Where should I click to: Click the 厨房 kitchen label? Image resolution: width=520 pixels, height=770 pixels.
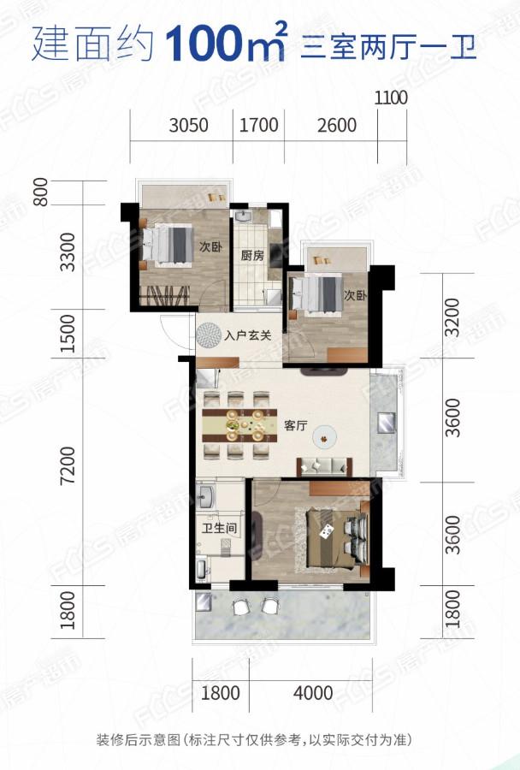point(252,255)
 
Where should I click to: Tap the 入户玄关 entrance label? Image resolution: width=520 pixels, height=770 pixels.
point(248,336)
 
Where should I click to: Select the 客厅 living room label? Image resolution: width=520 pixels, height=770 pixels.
point(296,425)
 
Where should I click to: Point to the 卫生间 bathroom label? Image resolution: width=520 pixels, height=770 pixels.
point(219,529)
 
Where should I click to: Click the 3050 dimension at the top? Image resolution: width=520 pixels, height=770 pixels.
point(188,125)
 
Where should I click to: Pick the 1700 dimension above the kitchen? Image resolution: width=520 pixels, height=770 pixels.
point(259,125)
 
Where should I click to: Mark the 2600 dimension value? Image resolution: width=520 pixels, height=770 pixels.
point(337,125)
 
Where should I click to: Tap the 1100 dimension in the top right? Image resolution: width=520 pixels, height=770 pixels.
point(392,98)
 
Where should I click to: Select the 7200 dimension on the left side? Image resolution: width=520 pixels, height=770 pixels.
point(68,465)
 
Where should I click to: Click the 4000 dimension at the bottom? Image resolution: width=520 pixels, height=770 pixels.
point(313,693)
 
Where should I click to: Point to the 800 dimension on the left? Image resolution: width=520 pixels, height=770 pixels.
point(41,192)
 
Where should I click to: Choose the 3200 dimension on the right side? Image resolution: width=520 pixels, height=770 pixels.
point(452,317)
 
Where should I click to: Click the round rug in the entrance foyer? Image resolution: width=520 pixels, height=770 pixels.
point(209,335)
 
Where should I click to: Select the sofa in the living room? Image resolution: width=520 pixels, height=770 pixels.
point(324,466)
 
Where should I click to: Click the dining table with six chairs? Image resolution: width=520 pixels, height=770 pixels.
point(239,424)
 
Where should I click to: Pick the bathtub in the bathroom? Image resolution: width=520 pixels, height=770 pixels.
point(203,569)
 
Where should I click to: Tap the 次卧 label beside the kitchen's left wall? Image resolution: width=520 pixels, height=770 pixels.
point(211,246)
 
